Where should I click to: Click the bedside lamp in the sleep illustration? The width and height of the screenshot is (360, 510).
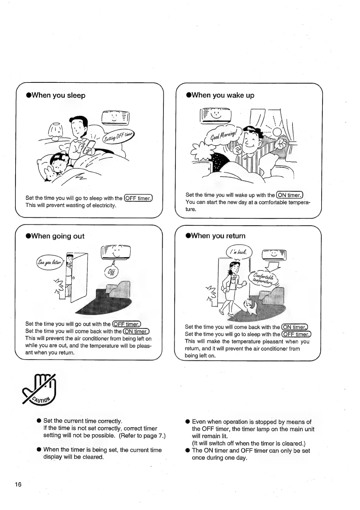pyautogui.click(x=56, y=131)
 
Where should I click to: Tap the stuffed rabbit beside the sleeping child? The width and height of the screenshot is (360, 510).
pyautogui.click(x=50, y=174)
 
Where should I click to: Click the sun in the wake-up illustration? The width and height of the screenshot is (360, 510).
pyautogui.click(x=277, y=132)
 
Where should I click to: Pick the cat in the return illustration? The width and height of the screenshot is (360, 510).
pyautogui.click(x=250, y=306)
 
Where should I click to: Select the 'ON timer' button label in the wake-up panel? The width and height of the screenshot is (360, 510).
pyautogui.click(x=289, y=195)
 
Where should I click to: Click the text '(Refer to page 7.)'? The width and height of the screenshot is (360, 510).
pyautogui.click(x=142, y=435)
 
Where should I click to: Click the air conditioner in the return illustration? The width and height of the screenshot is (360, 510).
pyautogui.click(x=274, y=254)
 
